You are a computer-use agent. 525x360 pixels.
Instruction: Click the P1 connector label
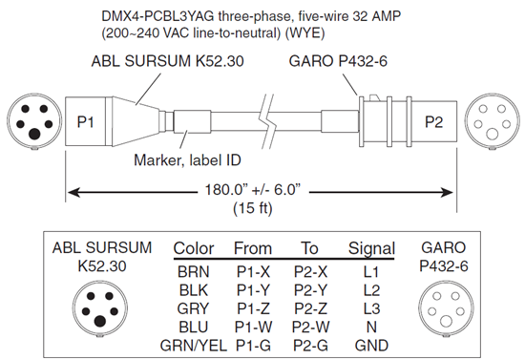(85, 122)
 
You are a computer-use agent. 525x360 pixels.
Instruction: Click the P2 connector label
(433, 122)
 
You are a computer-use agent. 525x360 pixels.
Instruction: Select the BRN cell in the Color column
(193, 272)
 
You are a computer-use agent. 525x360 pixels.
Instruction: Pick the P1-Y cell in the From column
(253, 290)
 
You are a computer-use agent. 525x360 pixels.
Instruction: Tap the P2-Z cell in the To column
(310, 308)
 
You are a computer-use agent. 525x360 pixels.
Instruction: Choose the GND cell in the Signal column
(371, 346)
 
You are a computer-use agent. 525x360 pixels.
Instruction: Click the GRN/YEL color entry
(194, 346)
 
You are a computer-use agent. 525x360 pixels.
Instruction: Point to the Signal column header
(371, 249)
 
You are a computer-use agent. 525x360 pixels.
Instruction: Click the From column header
(252, 248)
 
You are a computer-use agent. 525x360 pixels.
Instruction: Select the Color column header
(194, 248)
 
